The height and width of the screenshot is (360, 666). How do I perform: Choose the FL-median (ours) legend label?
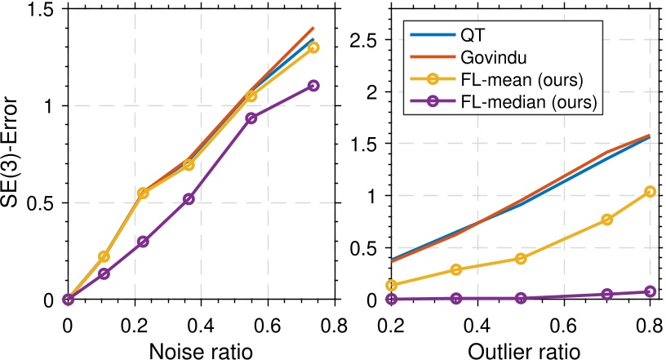524,103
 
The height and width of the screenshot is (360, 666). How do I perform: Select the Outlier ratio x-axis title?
523,349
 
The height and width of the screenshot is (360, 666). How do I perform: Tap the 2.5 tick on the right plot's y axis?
365,40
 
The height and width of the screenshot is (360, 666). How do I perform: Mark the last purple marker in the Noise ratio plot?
313,86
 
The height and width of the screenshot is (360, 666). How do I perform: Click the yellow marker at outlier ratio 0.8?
650,192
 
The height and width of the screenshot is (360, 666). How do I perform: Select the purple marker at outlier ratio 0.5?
521,298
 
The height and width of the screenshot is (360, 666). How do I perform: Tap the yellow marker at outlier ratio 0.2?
392,285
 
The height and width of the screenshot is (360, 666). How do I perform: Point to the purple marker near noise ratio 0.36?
189,199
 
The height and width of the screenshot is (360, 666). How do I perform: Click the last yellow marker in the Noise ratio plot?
313,47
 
